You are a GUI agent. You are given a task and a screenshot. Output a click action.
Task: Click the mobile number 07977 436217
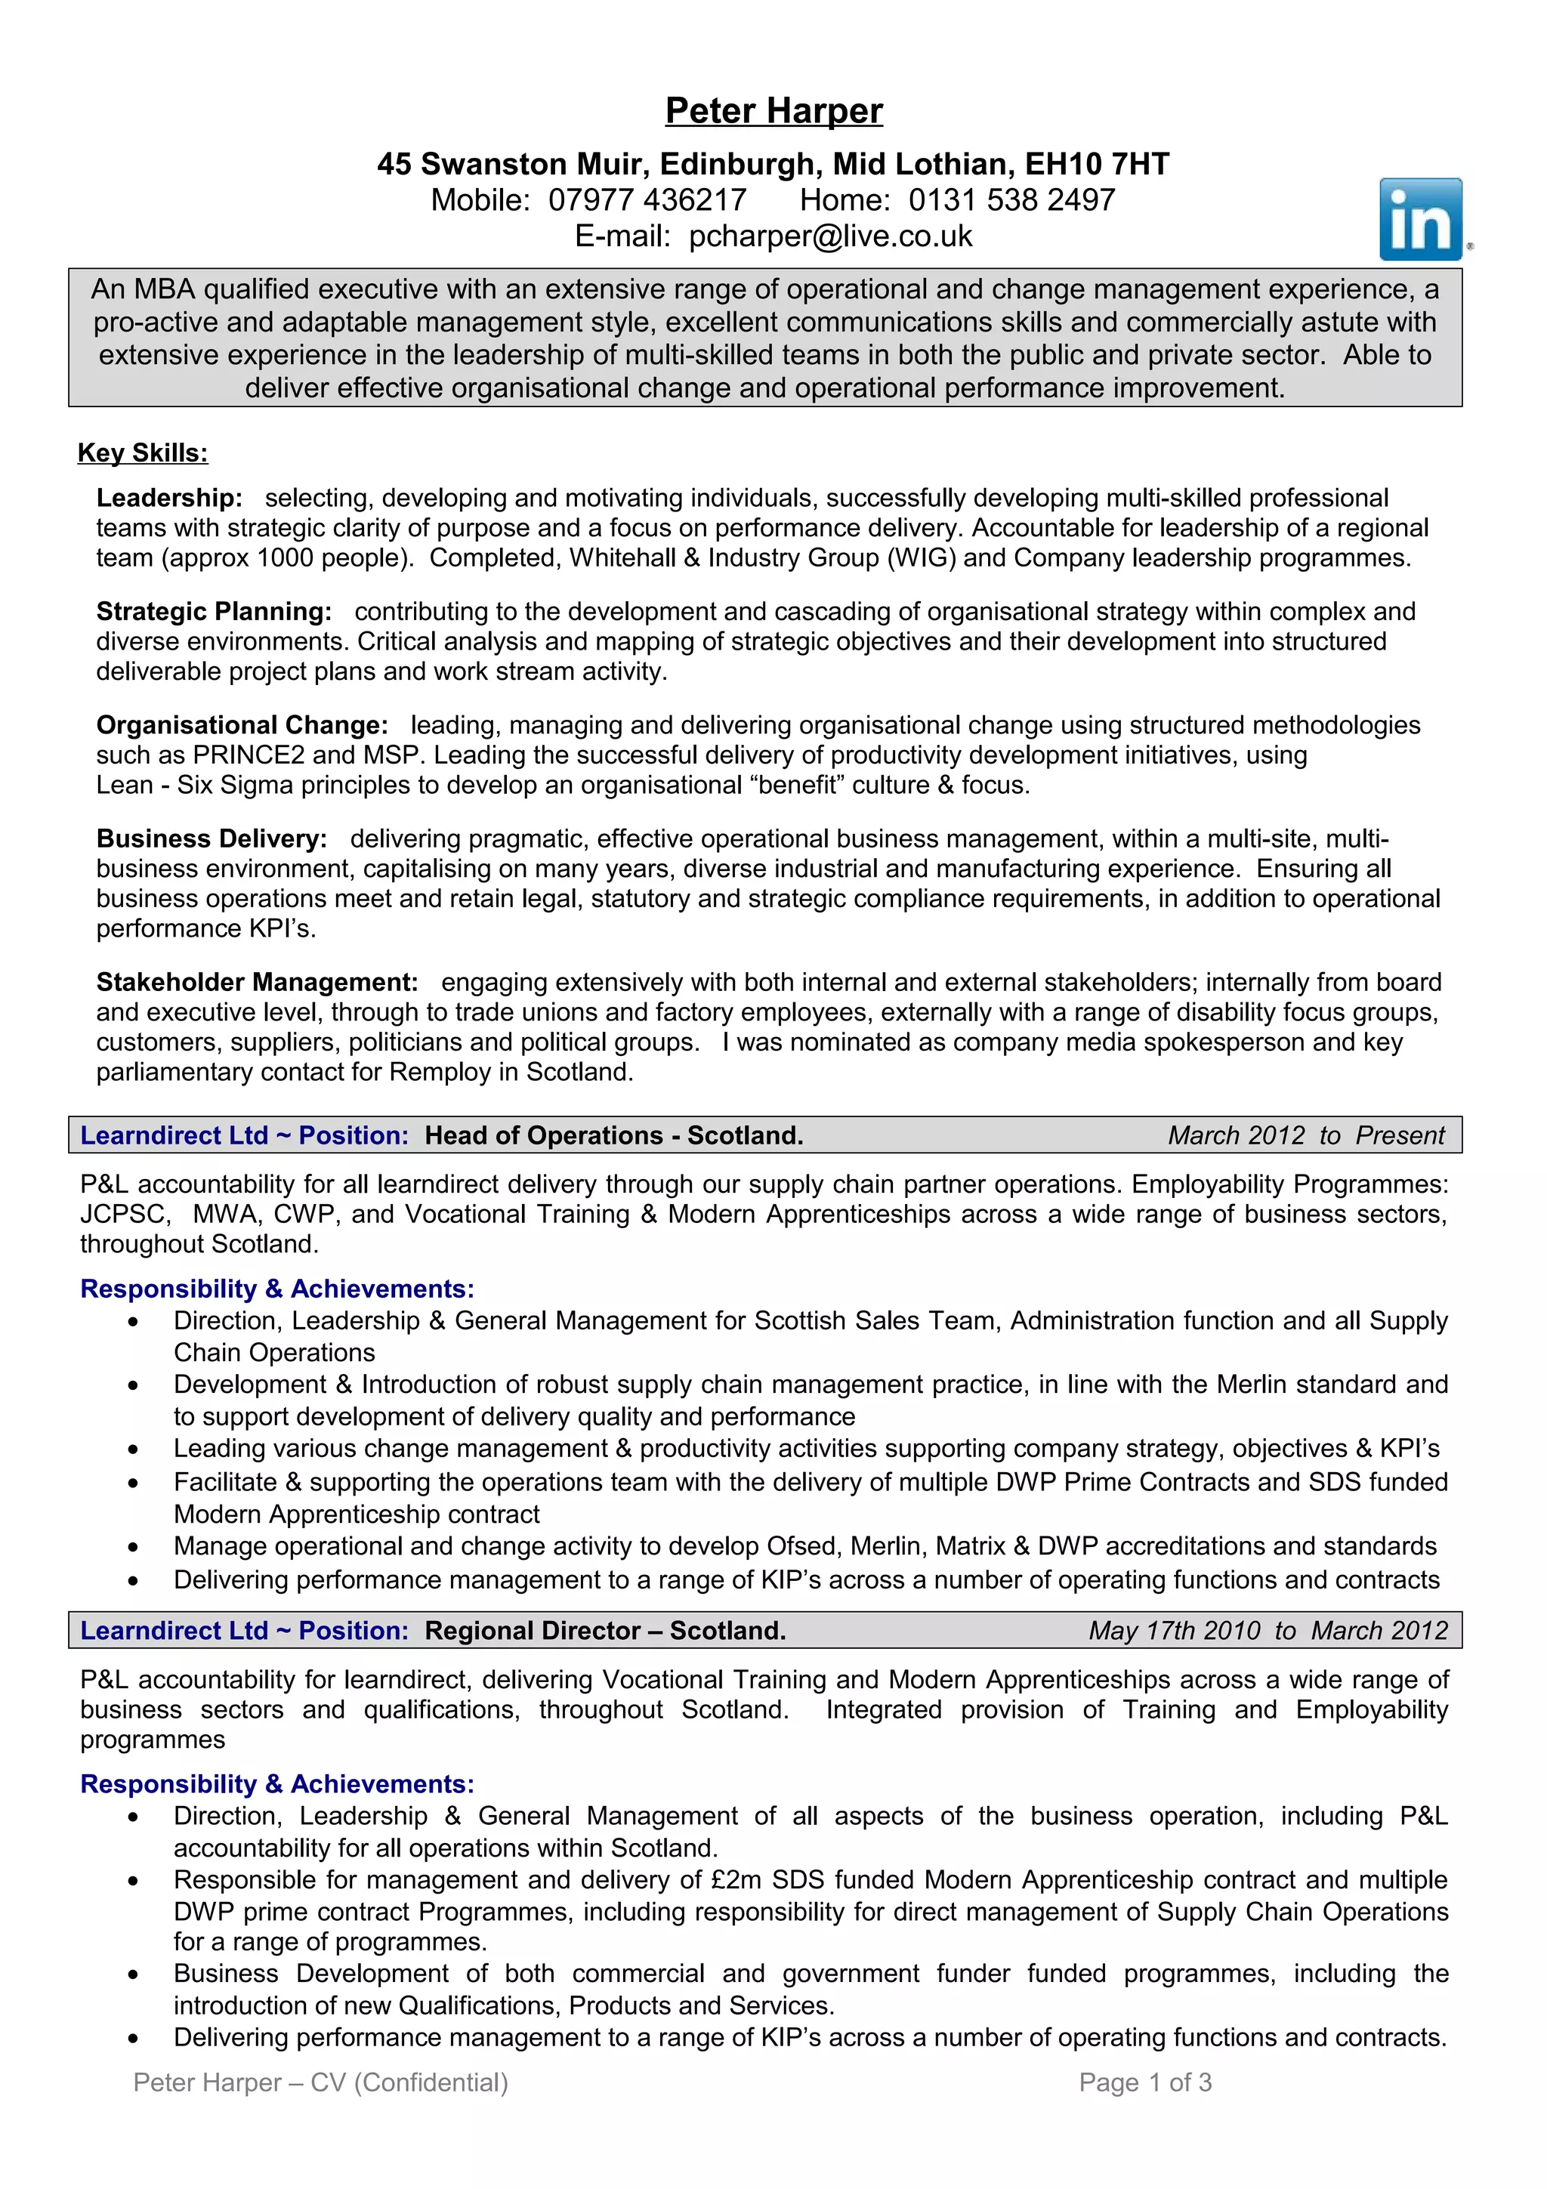coord(647,200)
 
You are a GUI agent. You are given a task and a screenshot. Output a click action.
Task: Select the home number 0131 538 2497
coord(1011,200)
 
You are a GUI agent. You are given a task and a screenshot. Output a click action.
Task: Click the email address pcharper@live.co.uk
coord(830,236)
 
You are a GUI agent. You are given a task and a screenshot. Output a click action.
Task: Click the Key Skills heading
coord(143,453)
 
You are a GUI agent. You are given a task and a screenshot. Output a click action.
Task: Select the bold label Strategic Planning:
coord(214,611)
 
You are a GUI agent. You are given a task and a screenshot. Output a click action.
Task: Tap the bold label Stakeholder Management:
coord(256,982)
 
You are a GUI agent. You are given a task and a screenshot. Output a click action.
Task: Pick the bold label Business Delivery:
coord(212,839)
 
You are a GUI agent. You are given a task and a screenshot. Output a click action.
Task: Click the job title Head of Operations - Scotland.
coord(614,1135)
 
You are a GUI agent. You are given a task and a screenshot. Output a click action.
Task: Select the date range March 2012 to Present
coord(1306,1135)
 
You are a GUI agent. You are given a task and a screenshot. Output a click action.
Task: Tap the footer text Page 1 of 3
coord(1144,2082)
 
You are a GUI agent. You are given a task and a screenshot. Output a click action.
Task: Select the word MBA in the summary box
coord(164,290)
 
